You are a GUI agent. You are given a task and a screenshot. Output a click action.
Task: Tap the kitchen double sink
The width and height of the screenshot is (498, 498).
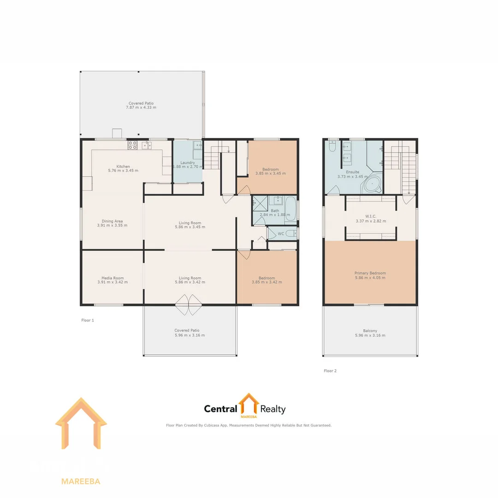147,145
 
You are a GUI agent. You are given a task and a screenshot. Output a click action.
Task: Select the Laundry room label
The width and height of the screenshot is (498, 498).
188,163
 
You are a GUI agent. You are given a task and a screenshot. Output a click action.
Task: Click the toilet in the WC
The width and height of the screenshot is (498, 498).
290,234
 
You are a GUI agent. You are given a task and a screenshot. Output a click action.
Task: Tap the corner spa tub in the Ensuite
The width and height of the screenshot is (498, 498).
372,184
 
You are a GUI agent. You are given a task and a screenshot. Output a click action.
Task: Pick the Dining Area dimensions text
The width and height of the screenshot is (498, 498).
112,225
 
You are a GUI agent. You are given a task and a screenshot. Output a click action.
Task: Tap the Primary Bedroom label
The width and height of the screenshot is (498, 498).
370,273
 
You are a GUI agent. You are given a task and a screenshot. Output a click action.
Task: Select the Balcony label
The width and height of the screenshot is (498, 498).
370,331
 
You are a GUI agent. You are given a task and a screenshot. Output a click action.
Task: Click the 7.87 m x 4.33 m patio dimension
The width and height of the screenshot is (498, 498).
141,107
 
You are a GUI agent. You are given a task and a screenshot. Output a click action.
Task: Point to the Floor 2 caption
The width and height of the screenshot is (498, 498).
330,371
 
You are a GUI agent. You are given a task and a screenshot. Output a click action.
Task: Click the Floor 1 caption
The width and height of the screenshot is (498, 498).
88,320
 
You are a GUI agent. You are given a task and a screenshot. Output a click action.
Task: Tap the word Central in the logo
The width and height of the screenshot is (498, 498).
220,409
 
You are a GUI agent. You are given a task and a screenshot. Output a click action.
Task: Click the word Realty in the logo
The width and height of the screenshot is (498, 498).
273,409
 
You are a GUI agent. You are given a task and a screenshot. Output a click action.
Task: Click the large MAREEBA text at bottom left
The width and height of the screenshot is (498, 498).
81,481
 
